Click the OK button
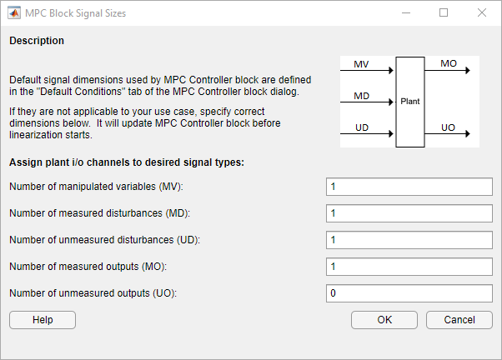click(x=384, y=320)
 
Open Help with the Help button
click(x=43, y=320)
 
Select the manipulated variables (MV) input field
click(x=409, y=187)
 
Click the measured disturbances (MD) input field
click(x=409, y=213)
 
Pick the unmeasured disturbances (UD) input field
click(x=409, y=240)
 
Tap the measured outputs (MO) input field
click(x=409, y=267)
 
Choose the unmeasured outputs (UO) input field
click(x=409, y=293)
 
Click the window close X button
click(x=481, y=12)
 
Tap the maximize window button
click(x=444, y=12)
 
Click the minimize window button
click(x=406, y=13)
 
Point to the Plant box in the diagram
click(x=410, y=102)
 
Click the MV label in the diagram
click(x=361, y=64)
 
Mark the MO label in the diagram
click(x=449, y=63)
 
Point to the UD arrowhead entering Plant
click(x=391, y=134)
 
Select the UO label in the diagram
click(x=448, y=127)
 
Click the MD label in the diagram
click(x=361, y=96)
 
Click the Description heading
click(x=37, y=41)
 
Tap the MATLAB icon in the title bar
click(x=14, y=13)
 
